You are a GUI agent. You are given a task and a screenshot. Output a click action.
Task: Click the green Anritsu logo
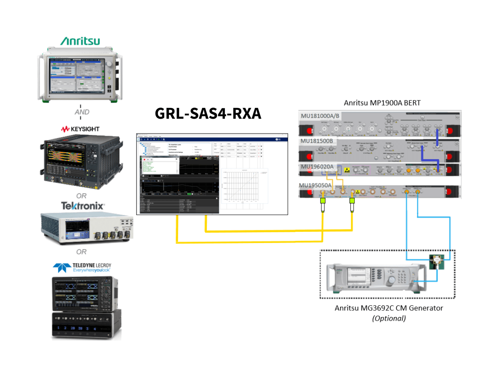[80, 41]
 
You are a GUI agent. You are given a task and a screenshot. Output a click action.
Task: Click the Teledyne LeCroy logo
[82, 267]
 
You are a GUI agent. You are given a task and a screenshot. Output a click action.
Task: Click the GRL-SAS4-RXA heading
[208, 114]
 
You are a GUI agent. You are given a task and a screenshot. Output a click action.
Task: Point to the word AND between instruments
[82, 112]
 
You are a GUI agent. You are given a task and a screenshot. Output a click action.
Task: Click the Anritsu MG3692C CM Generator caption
[389, 308]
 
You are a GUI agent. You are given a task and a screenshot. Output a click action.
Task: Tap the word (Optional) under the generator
[389, 319]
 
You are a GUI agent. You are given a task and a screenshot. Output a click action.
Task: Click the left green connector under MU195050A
[323, 201]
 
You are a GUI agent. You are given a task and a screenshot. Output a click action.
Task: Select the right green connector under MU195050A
[352, 201]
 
